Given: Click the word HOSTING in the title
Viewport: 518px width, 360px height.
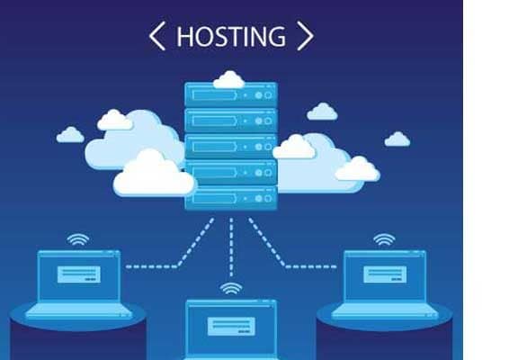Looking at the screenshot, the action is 231,36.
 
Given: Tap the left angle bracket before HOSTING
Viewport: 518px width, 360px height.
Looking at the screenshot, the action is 156,36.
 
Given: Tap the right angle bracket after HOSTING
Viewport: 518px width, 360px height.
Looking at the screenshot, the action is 305,36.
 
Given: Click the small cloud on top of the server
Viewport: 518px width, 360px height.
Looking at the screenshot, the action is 229,80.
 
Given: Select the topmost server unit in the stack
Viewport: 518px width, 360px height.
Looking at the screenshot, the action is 231,94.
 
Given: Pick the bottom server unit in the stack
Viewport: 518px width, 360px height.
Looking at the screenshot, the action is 231,198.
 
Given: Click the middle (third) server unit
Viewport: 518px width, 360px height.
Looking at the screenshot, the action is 231,147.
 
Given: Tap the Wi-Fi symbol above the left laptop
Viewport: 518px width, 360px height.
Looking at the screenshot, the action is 78,239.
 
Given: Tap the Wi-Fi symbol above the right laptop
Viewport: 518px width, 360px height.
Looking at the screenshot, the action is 384,239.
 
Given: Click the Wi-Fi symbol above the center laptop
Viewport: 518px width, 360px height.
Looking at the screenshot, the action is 231,289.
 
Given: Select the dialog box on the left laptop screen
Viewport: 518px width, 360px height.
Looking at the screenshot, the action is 79,274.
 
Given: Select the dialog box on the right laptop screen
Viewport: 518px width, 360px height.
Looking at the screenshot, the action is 385,274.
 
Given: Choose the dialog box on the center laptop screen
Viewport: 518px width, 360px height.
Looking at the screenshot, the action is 231,327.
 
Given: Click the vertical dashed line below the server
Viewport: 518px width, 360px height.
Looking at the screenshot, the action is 231,247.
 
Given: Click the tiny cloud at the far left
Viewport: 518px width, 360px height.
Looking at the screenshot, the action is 70,135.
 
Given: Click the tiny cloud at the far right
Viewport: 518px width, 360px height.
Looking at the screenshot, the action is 397,139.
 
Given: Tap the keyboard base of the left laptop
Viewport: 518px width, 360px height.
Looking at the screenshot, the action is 79,310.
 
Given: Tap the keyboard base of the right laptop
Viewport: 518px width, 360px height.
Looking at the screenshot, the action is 385,310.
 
